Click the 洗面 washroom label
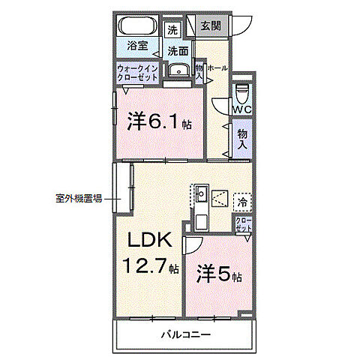pyautogui.click(x=177, y=51)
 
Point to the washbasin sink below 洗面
pyautogui.click(x=178, y=70)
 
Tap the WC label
pyautogui.click(x=241, y=110)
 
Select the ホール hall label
pyautogui.click(x=217, y=68)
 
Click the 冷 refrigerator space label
pyautogui.click(x=243, y=202)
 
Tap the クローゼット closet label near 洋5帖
pyautogui.click(x=244, y=225)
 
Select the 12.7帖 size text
pyautogui.click(x=151, y=265)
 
